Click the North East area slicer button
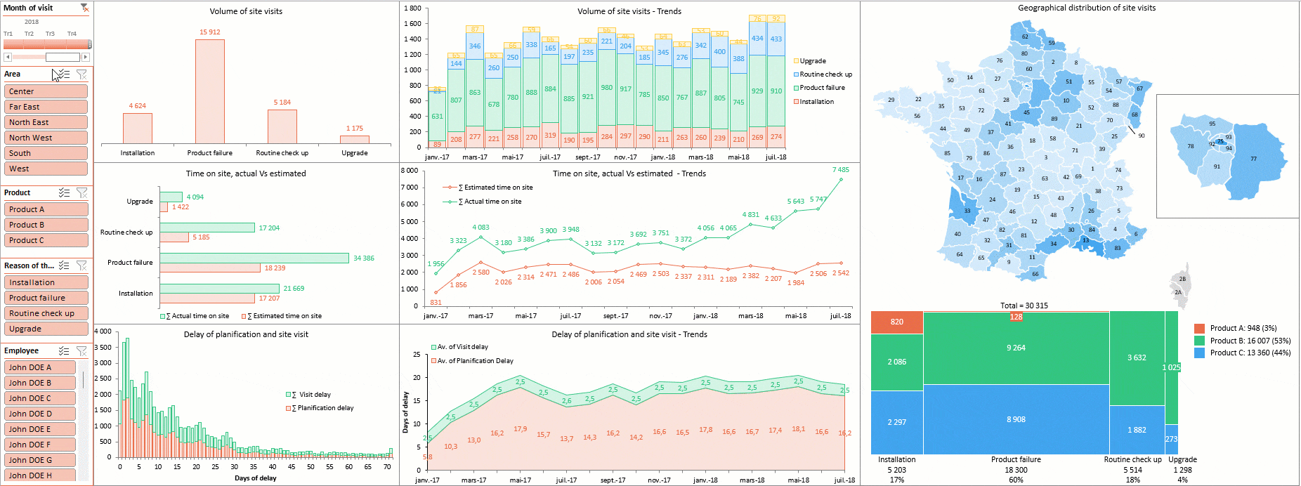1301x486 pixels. coord(46,122)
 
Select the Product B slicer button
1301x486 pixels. coord(46,225)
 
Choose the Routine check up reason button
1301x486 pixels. coord(46,313)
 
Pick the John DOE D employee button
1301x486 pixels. coord(41,414)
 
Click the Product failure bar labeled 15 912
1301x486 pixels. coord(209,91)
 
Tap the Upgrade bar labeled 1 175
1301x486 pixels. coord(354,139)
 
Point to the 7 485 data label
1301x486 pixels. coord(840,170)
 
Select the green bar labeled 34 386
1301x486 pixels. coord(254,258)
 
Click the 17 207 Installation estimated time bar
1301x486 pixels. coord(207,298)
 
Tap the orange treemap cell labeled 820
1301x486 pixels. coord(896,322)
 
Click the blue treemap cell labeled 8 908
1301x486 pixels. coord(1016,419)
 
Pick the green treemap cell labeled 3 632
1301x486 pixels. coord(1136,358)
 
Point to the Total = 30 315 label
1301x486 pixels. coord(1024,306)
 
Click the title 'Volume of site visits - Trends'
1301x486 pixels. coord(629,11)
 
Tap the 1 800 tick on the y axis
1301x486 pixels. coord(412,8)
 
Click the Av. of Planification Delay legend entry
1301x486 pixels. coord(475,361)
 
